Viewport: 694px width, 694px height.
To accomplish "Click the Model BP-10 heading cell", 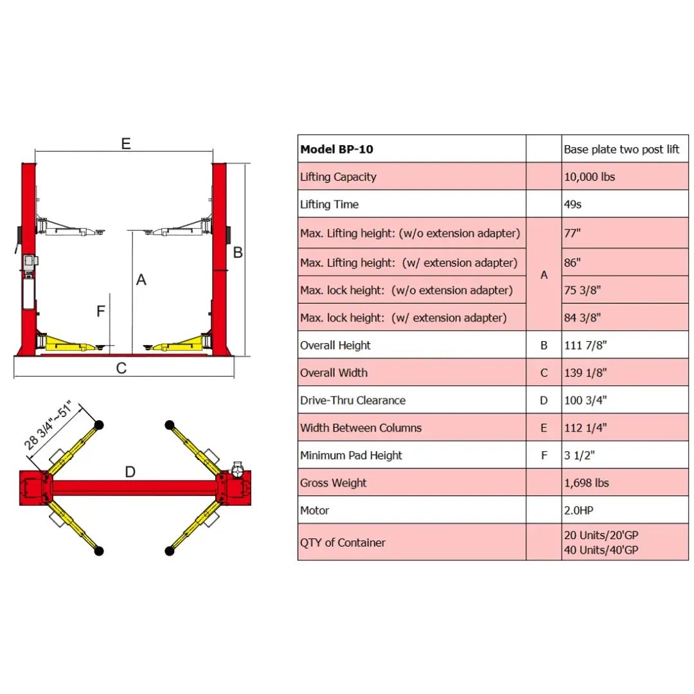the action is (336, 149).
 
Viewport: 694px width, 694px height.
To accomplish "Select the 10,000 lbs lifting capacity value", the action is (589, 177).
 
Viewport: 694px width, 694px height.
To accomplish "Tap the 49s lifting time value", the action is (573, 204).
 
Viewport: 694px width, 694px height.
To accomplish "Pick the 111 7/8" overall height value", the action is (585, 345).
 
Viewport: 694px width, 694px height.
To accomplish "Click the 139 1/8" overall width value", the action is (585, 373).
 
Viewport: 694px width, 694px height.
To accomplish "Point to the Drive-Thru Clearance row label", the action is (353, 400).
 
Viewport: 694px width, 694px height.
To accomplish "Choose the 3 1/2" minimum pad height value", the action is (579, 455).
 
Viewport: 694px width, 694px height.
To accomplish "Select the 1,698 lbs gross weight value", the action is (586, 483).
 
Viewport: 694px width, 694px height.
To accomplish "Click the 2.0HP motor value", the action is (578, 510).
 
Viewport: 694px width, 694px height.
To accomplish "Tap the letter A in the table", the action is (544, 275).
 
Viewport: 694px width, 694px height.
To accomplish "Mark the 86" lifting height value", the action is (572, 262).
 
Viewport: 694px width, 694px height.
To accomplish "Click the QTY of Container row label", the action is (343, 542).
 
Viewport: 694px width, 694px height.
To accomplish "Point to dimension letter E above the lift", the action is (126, 143).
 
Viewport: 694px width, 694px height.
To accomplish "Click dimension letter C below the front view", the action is (121, 368).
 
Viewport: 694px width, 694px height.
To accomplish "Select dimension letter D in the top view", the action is (130, 472).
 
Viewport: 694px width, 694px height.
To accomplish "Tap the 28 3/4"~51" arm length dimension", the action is (48, 425).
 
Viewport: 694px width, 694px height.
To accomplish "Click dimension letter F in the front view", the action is (101, 311).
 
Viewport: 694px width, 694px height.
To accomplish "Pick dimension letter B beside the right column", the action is (238, 253).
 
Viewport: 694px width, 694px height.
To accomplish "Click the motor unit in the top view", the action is (238, 469).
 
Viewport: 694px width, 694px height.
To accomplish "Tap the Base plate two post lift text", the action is (621, 149).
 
